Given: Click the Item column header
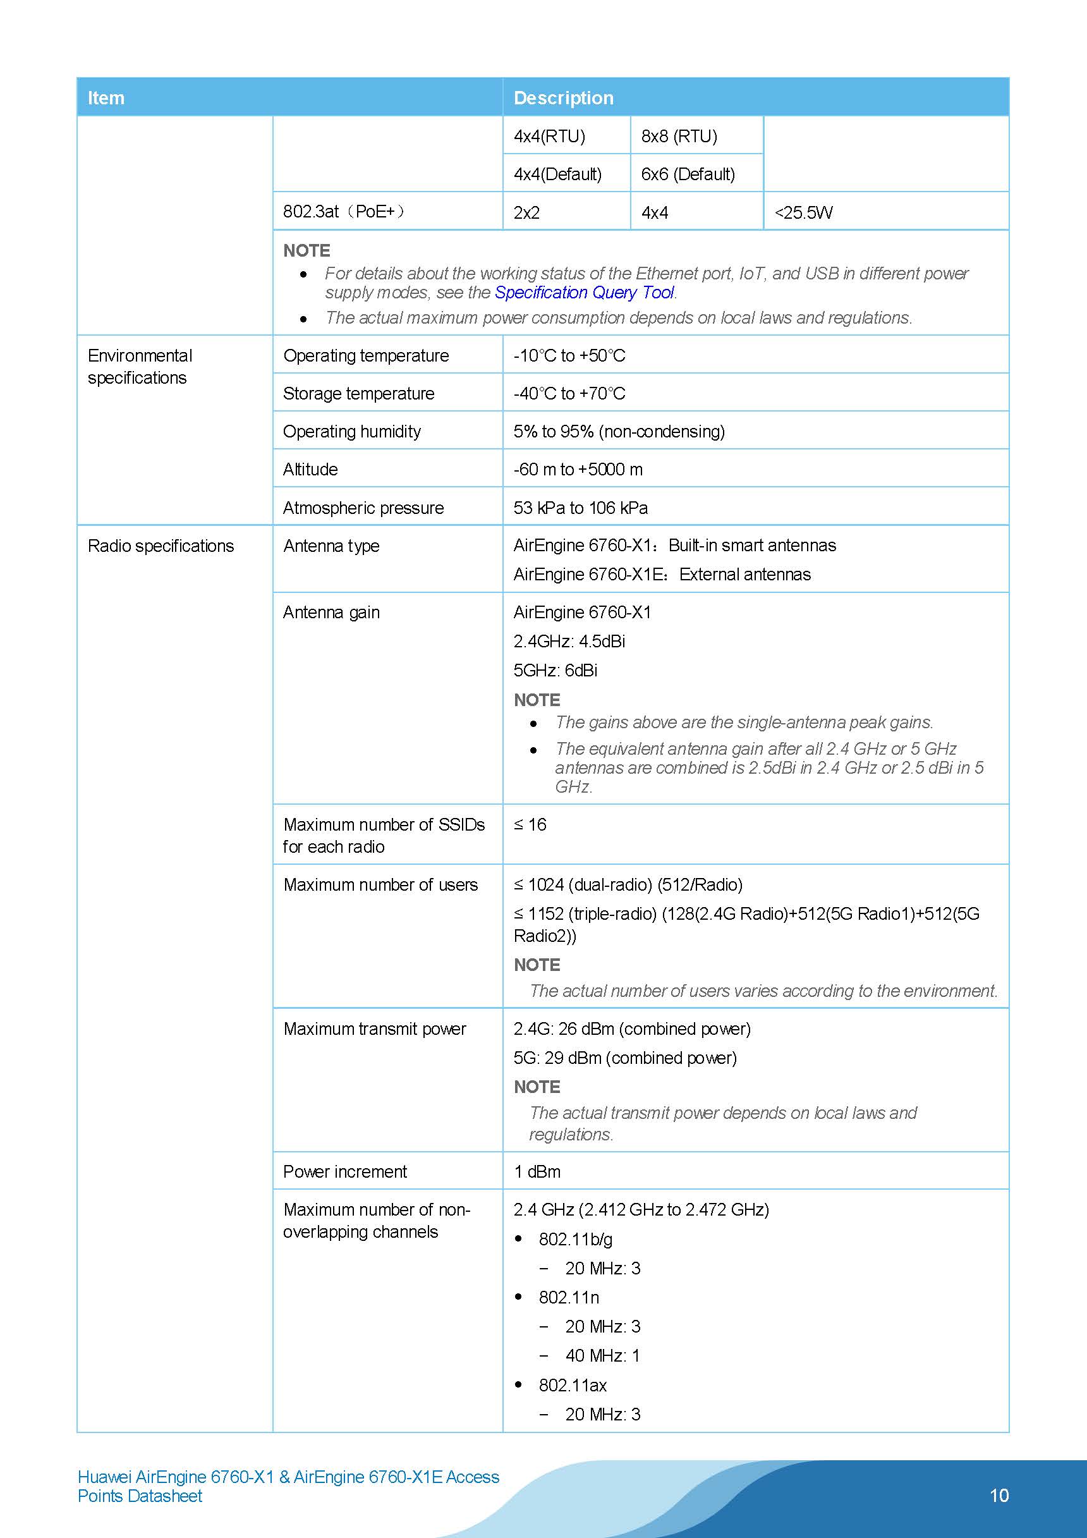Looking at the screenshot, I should tap(106, 98).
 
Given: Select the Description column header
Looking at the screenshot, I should tap(563, 98).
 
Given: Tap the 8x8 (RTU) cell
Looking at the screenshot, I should tap(679, 136).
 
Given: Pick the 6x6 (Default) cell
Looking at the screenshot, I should tap(688, 174).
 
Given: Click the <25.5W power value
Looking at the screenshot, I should tap(803, 212).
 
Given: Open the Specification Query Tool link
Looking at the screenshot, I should tap(584, 293).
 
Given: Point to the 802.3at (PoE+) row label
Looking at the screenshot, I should tap(344, 212).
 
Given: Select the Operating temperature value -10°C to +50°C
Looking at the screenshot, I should tap(569, 355).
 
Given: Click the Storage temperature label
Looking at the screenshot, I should tap(358, 393).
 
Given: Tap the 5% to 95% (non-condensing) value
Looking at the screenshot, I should tap(619, 431).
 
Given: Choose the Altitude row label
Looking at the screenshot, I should tap(310, 469).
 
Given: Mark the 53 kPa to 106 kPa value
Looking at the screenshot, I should tap(580, 508).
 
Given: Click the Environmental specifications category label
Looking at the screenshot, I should tap(139, 367).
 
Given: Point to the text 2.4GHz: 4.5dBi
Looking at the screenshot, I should tap(569, 641).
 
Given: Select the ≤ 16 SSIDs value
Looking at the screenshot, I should tap(530, 824).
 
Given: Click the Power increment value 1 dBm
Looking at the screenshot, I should tap(537, 1171).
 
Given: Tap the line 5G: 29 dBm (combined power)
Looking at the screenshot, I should tap(624, 1058).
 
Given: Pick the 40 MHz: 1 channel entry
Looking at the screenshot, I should tap(602, 1356).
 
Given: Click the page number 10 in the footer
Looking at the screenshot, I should tap(999, 1495).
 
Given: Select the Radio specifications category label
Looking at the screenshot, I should tap(161, 546).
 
